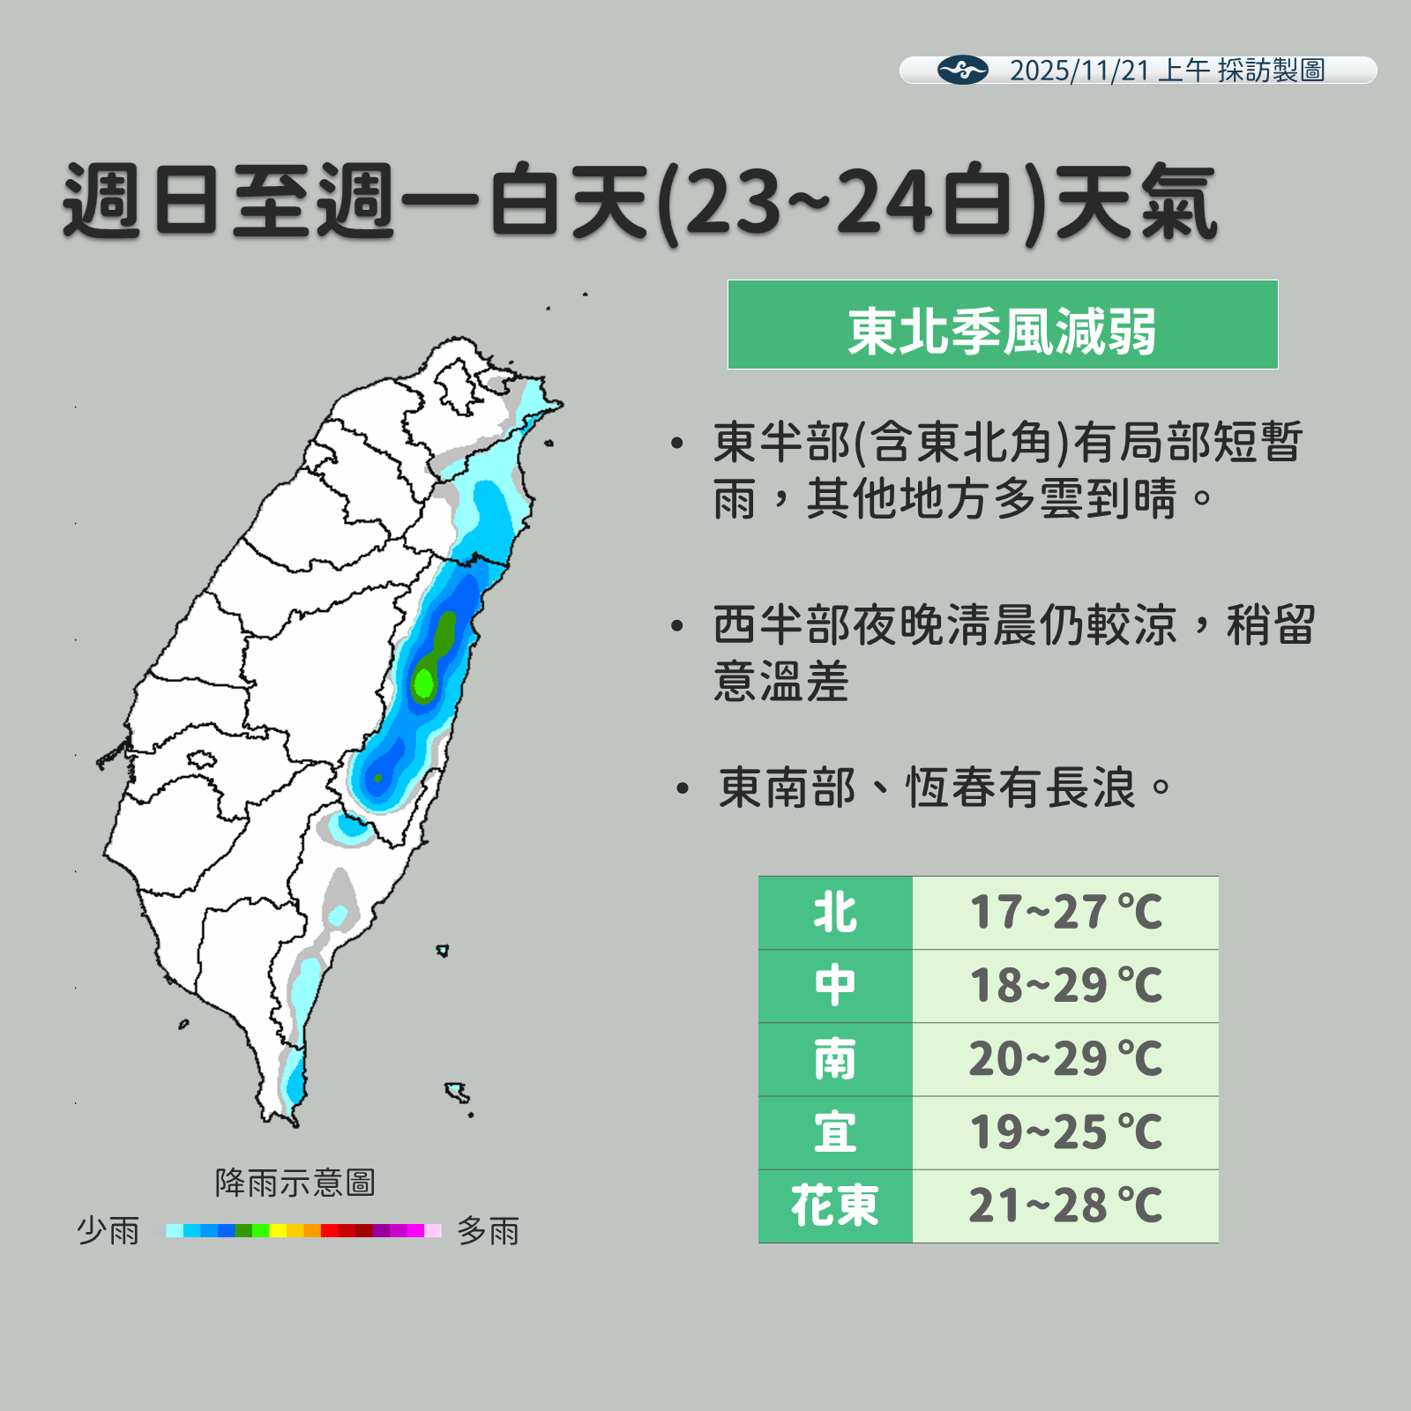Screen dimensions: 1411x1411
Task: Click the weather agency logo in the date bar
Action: tap(962, 70)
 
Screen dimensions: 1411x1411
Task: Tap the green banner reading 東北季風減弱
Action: tap(1002, 325)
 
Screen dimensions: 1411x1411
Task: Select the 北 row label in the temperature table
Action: tap(835, 913)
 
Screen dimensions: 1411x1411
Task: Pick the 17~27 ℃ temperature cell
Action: tap(1065, 913)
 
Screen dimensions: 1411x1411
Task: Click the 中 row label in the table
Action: tap(835, 986)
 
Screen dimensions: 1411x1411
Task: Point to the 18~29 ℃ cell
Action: tap(1065, 986)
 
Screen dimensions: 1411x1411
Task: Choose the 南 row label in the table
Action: tap(835, 1059)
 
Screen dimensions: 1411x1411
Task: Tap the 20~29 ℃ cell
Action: tap(1065, 1059)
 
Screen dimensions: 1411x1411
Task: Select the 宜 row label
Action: tap(835, 1132)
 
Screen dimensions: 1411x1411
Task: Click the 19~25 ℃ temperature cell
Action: tap(1065, 1132)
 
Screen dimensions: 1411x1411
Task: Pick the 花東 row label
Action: tap(835, 1206)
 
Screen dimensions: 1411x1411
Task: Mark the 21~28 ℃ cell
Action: tap(1065, 1206)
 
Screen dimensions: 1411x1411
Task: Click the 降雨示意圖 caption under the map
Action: tap(295, 1183)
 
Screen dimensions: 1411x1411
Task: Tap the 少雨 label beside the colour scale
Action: tap(108, 1230)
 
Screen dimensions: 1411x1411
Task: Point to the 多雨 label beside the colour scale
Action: tap(489, 1230)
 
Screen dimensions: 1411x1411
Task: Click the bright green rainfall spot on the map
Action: tap(424, 682)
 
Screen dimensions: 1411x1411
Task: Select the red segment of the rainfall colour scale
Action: tap(330, 1230)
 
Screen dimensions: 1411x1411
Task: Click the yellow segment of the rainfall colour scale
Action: tap(279, 1230)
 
